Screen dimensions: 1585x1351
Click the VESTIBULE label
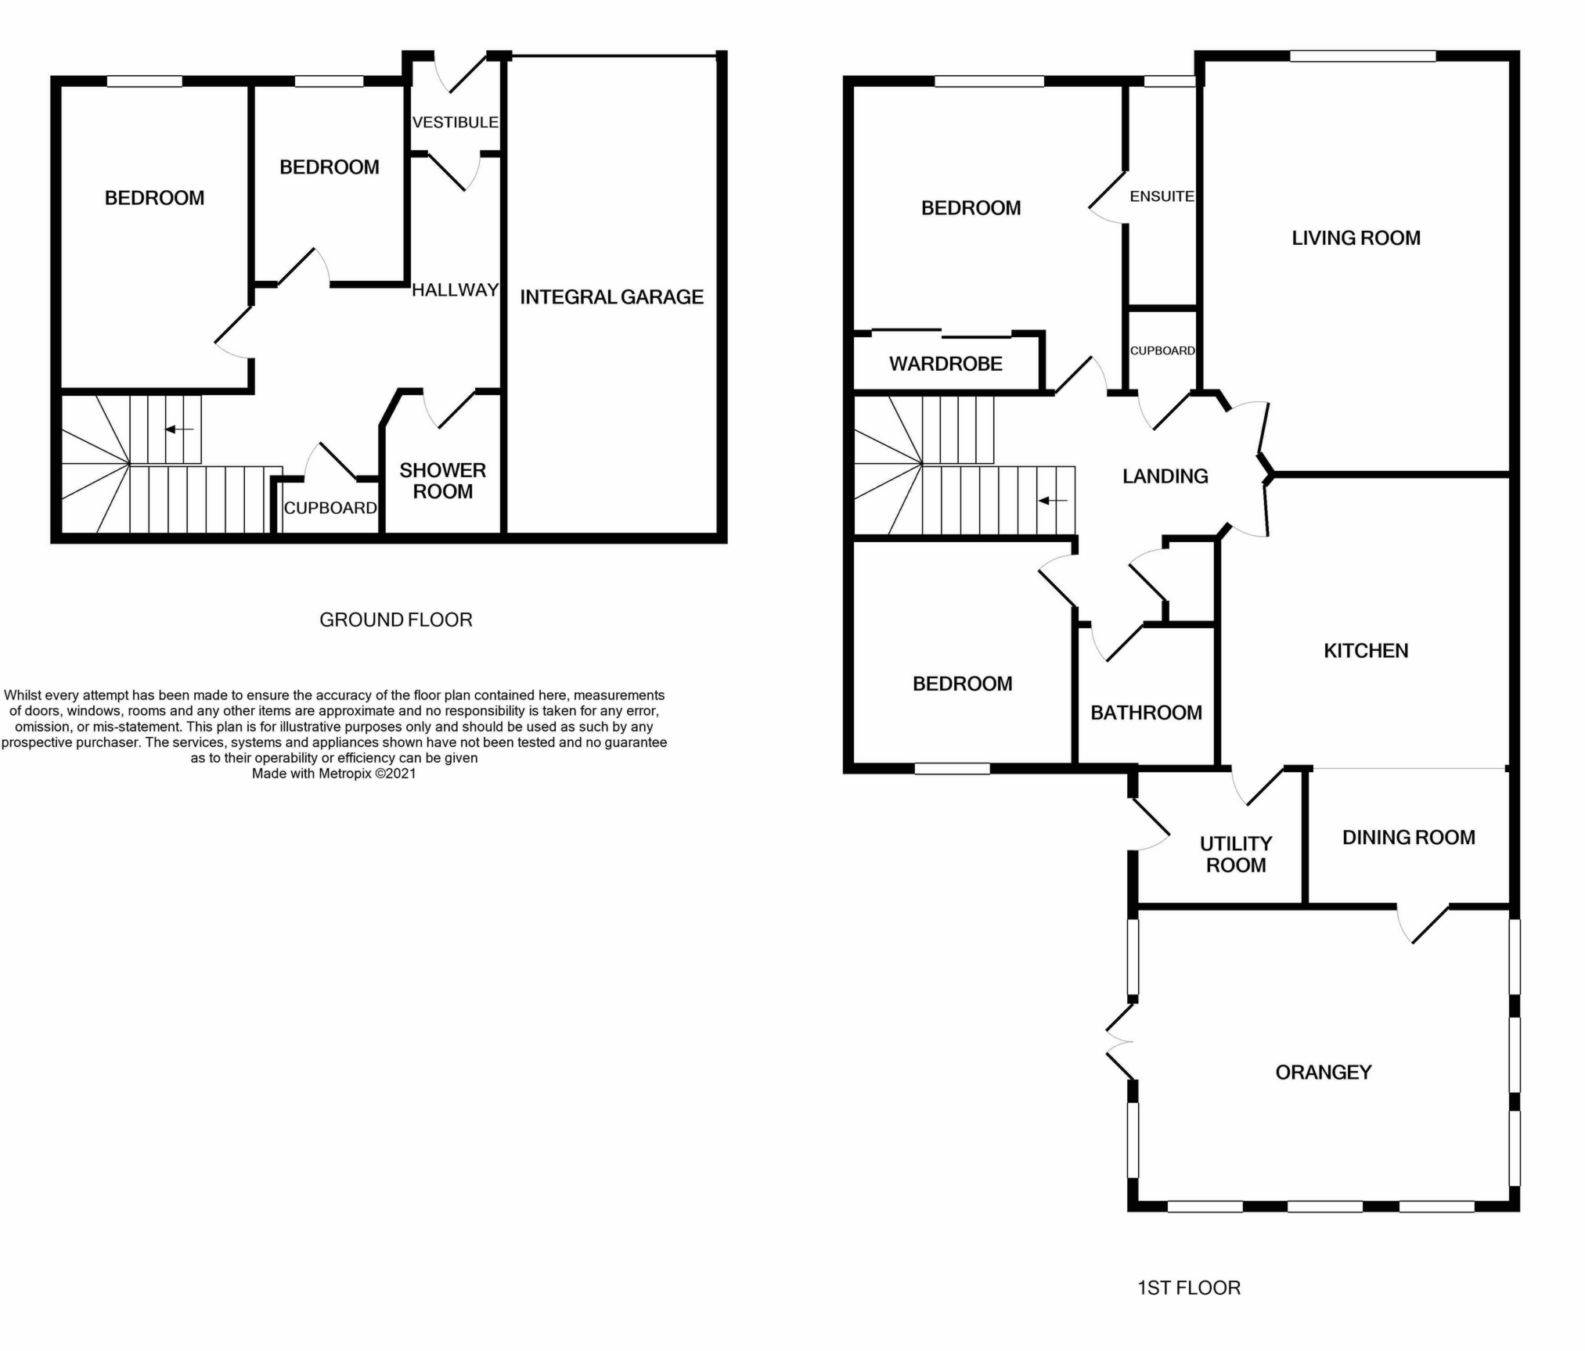tap(455, 122)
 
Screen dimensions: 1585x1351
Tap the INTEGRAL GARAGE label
tap(612, 296)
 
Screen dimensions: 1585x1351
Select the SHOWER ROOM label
tap(443, 480)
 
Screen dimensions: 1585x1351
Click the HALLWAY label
tap(456, 289)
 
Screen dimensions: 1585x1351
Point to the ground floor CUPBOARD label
tap(330, 508)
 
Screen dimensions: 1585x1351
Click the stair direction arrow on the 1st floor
tap(1053, 500)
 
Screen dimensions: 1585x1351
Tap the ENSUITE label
tap(1162, 196)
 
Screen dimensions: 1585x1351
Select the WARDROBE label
tap(946, 364)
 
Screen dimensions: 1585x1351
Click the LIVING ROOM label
tap(1356, 238)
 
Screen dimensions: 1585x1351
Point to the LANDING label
tap(1165, 476)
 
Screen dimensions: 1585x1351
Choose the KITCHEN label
tap(1366, 650)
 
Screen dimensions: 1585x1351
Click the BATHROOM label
tap(1146, 713)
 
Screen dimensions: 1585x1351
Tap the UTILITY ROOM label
tap(1236, 854)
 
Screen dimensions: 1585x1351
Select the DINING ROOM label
tap(1409, 837)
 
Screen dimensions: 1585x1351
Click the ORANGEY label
tap(1324, 1072)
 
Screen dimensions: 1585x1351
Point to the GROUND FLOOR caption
tap(396, 620)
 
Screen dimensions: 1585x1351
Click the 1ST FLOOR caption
tap(1189, 1288)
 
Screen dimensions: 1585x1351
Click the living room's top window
tap(1363, 56)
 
